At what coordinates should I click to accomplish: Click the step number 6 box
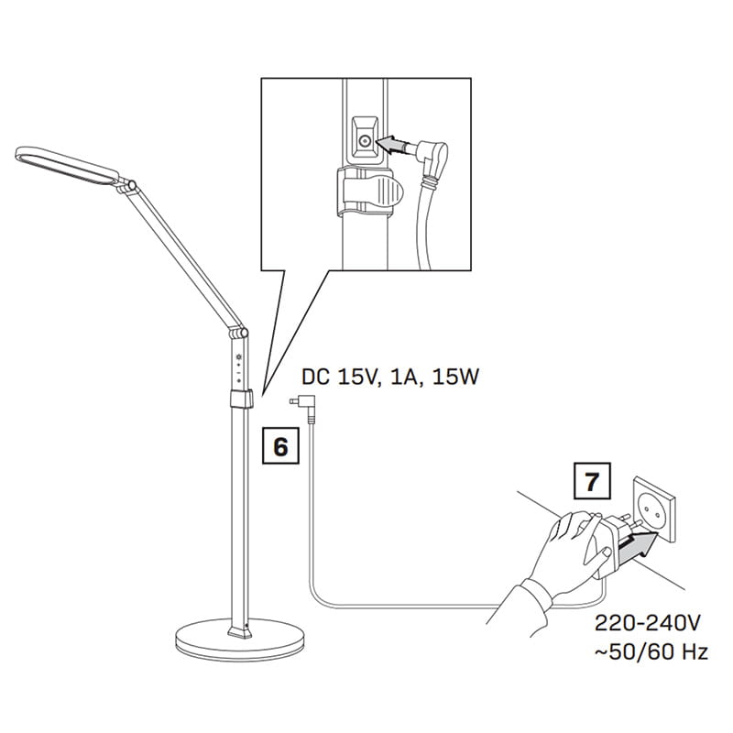click(x=280, y=446)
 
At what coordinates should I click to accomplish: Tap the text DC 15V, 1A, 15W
click(x=390, y=376)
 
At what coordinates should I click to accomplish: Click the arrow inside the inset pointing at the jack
click(x=394, y=144)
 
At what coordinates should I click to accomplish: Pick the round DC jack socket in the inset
click(x=365, y=142)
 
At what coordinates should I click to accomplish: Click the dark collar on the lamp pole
click(x=240, y=399)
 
